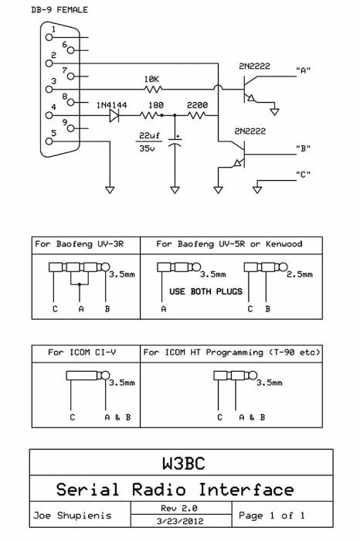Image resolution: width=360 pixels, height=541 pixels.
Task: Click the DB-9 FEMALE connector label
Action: (59, 10)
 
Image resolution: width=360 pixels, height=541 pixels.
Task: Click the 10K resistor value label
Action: (152, 80)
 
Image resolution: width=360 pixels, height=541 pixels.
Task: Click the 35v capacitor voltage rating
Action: (147, 149)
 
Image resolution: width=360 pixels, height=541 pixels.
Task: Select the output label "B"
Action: (303, 148)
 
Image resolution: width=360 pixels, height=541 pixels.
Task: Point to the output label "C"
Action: (303, 174)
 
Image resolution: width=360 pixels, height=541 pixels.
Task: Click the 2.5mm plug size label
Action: (299, 274)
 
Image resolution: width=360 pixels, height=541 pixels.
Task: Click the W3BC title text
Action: (180, 464)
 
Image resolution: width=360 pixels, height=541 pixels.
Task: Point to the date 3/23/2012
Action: (179, 522)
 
